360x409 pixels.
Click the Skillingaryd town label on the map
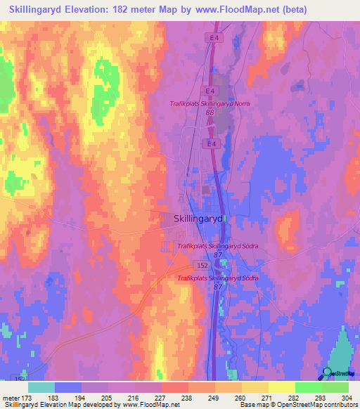[x=198, y=219]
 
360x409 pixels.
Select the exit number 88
[x=210, y=112]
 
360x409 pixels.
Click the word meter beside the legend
[x=12, y=398]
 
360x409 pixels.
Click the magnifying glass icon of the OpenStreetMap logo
[x=328, y=373]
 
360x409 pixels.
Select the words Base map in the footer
[x=250, y=405]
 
